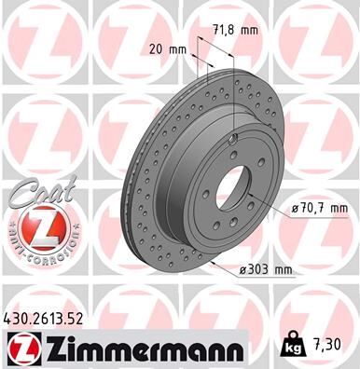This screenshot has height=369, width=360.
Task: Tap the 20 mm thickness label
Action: click(163, 49)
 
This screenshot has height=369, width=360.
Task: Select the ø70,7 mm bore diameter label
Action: click(312, 207)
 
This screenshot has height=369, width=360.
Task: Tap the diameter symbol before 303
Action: click(242, 270)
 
